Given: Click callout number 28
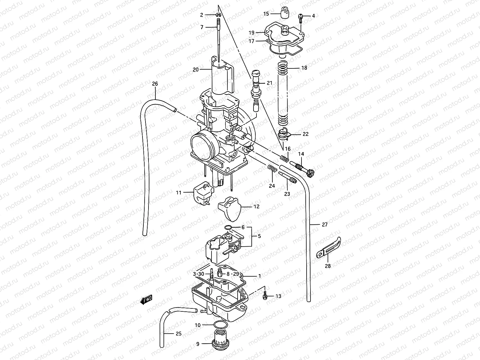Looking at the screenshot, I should tap(328, 266).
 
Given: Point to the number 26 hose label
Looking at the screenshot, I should tap(155, 84).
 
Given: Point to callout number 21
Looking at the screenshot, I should tap(269, 83).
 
